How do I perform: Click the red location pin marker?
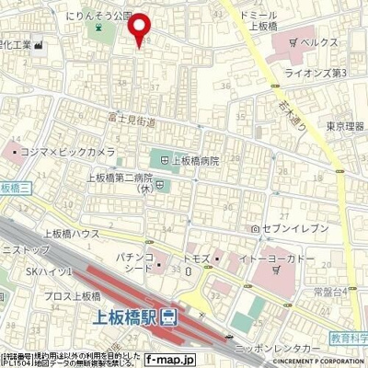pyautogui.click(x=141, y=31)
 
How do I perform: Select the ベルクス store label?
pyautogui.click(x=321, y=42)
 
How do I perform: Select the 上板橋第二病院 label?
pyautogui.click(x=119, y=178)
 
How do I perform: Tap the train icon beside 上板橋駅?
pyautogui.click(x=169, y=318)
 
